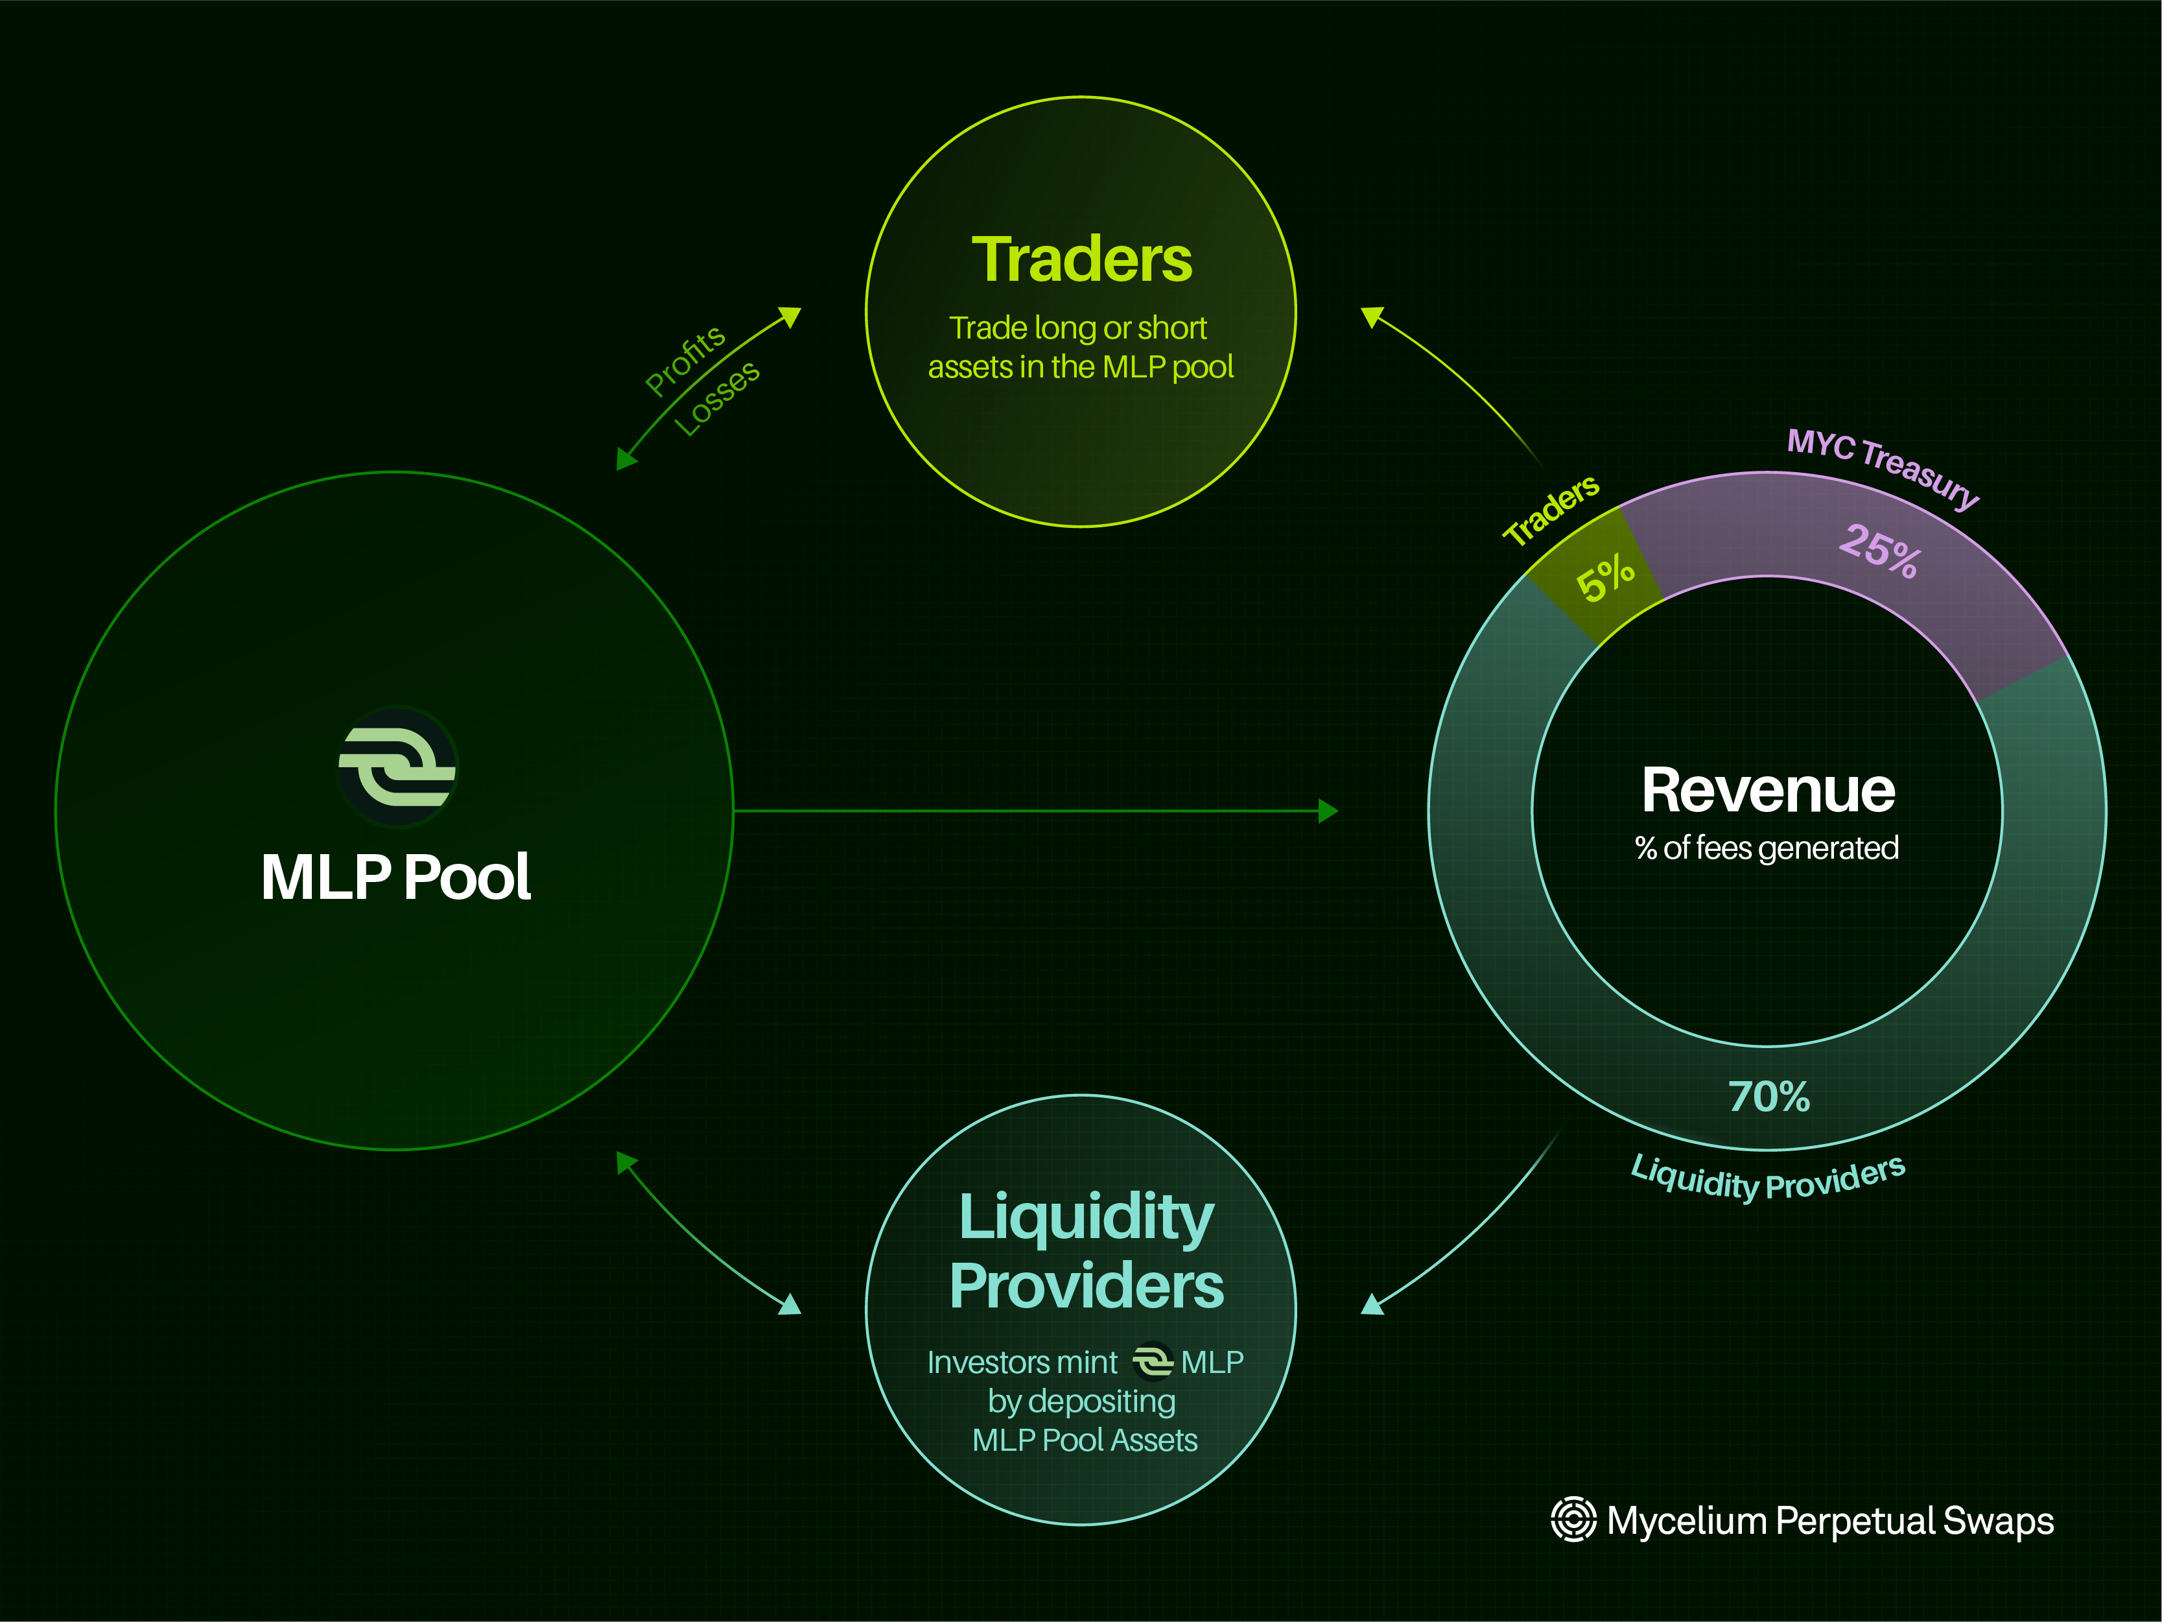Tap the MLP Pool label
coord(396,876)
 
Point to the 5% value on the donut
coord(1605,578)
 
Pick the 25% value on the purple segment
coord(1879,551)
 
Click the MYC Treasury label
coord(1883,468)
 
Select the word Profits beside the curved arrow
coord(685,361)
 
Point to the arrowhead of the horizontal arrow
coord(1328,811)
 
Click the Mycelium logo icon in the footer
coord(1573,1520)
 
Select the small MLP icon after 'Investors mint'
coord(1153,1361)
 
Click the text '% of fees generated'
coord(1767,848)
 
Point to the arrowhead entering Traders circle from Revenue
coord(1372,316)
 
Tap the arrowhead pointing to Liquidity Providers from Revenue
coord(1372,1304)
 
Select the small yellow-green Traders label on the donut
coord(1551,509)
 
